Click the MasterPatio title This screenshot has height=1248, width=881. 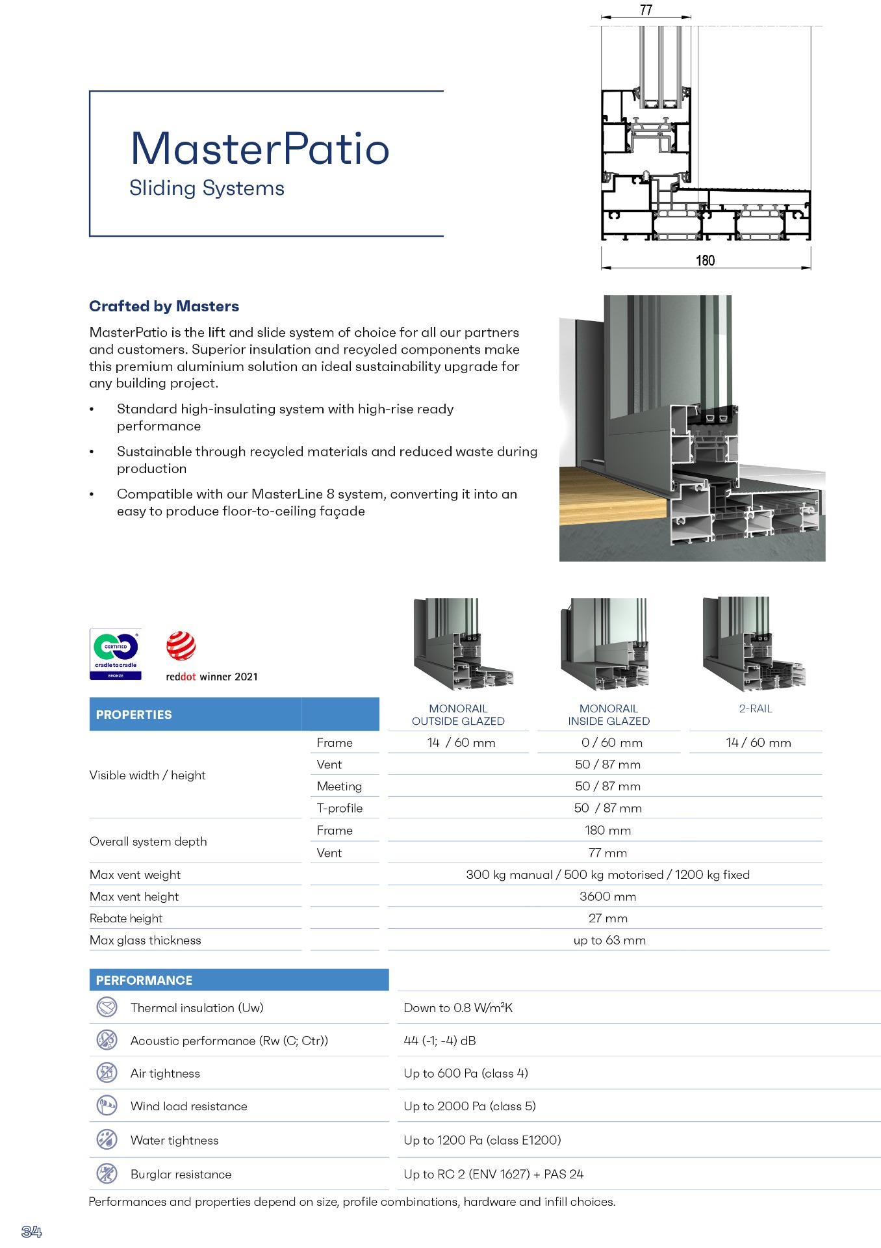pos(260,149)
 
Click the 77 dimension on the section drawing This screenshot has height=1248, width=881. pos(646,10)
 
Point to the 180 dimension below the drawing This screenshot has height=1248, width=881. pos(705,261)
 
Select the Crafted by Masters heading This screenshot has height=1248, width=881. pos(164,306)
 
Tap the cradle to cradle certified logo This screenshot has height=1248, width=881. pos(116,654)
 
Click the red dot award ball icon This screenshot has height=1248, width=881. pos(181,646)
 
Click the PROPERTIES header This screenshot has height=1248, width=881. pos(134,714)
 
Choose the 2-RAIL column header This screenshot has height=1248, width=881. pos(756,708)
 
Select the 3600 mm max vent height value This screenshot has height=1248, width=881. pos(607,896)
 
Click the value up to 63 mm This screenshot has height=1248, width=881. pos(609,940)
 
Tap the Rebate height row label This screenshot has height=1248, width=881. pos(126,918)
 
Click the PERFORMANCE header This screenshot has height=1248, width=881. pos(144,980)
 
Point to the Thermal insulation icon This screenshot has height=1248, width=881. pos(107,1007)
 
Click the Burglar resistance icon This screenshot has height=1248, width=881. pos(107,1173)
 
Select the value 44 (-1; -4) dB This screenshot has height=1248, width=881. pos(440,1041)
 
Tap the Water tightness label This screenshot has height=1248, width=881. pos(174,1140)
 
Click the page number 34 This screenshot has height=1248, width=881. pos(32,1231)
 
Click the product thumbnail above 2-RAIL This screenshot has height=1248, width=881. pos(754,644)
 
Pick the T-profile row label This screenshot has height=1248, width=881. pos(339,808)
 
